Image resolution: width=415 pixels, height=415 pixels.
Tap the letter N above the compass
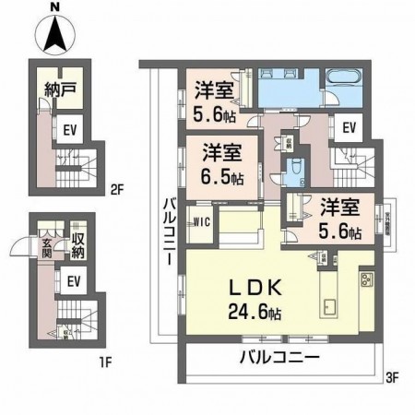point(57,7)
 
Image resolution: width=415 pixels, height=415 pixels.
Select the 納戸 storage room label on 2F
point(58,91)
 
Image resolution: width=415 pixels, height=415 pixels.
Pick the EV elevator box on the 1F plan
point(74,280)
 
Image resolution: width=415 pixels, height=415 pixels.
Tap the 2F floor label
point(116,191)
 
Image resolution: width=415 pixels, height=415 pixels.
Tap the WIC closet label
point(202,220)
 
